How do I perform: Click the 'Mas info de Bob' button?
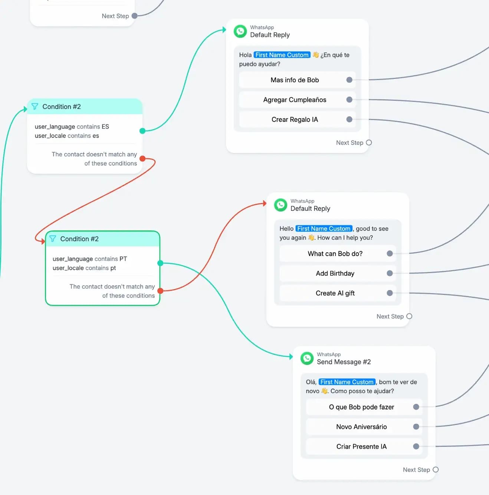tap(295, 80)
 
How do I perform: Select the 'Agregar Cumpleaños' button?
tap(295, 100)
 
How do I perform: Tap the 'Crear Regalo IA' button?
tap(295, 119)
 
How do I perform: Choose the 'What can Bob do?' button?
tap(335, 253)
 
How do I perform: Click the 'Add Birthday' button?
tap(335, 273)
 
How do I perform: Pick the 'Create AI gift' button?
tap(335, 293)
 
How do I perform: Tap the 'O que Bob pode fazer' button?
tap(361, 407)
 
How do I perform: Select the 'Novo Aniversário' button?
tap(361, 427)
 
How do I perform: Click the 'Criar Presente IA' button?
tap(361, 446)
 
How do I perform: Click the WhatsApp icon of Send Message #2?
tap(307, 358)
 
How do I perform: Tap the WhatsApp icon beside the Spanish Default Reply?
tap(240, 31)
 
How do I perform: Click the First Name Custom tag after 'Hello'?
tap(324, 229)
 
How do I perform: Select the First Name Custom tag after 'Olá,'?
tap(347, 382)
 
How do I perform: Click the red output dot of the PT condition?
tap(160, 291)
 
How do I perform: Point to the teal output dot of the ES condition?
tap(142, 131)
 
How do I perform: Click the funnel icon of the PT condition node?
tap(52, 239)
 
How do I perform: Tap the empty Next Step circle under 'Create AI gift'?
tap(409, 316)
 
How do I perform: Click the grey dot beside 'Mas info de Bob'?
tap(349, 80)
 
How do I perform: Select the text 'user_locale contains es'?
tap(67, 136)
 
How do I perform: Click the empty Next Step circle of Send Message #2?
tap(436, 469)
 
